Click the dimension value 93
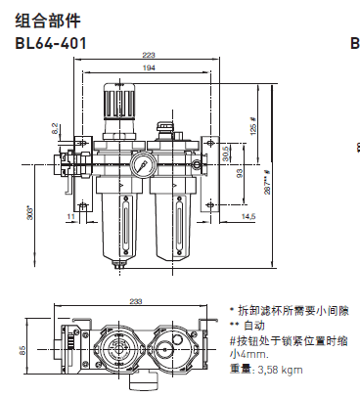coord(240,173)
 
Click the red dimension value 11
coord(70,215)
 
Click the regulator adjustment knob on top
coord(122,101)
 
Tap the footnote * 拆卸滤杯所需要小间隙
coord(287,308)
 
